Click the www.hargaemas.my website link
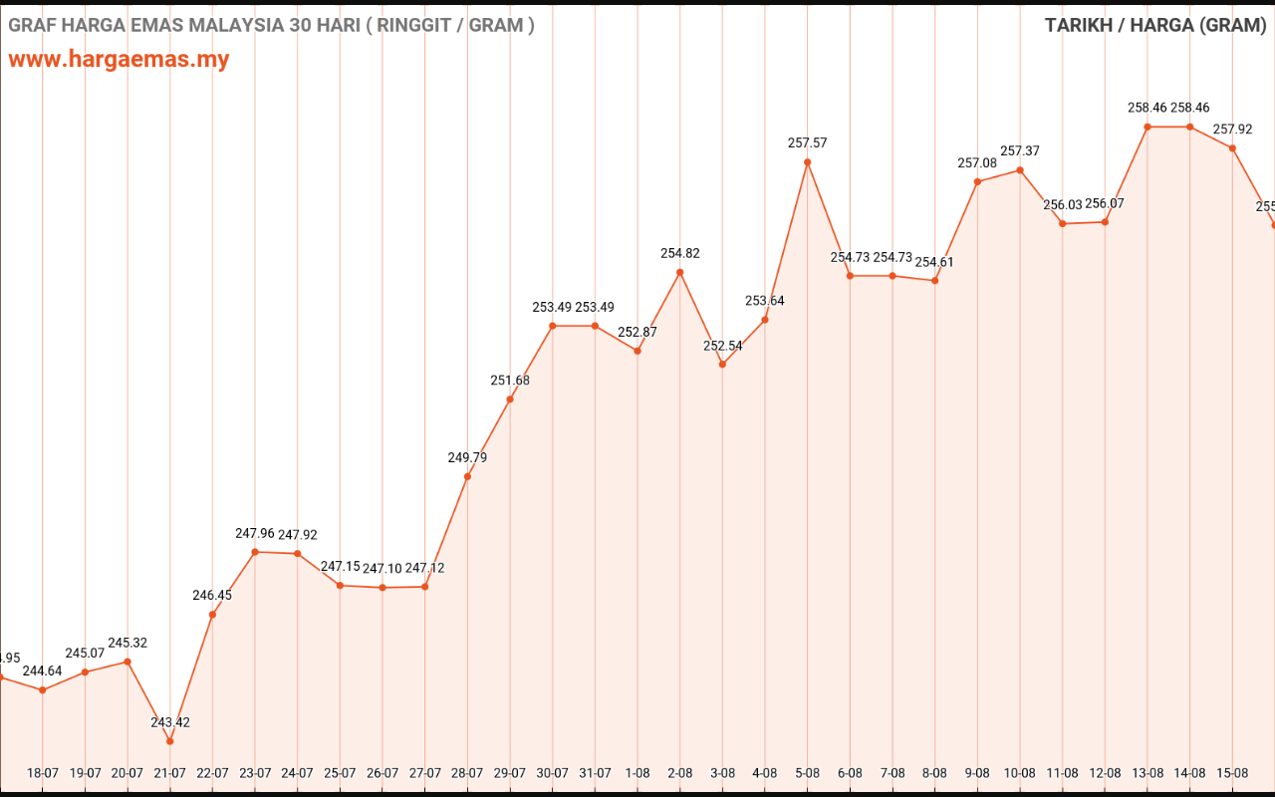pyautogui.click(x=119, y=59)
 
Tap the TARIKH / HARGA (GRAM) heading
pyautogui.click(x=1154, y=25)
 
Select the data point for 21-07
pyautogui.click(x=170, y=741)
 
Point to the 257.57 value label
pyautogui.click(x=807, y=143)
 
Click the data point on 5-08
pyautogui.click(x=807, y=161)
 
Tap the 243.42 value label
pyautogui.click(x=170, y=722)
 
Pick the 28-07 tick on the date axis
pyautogui.click(x=467, y=773)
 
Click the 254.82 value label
pyautogui.click(x=680, y=254)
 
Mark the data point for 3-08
pyautogui.click(x=722, y=365)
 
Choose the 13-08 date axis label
pyautogui.click(x=1147, y=773)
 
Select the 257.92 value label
pyautogui.click(x=1232, y=130)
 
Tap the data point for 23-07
pyautogui.click(x=255, y=552)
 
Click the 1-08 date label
pyautogui.click(x=637, y=773)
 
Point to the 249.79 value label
pyautogui.click(x=467, y=458)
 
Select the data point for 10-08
pyautogui.click(x=1020, y=170)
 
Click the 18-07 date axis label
pyautogui.click(x=43, y=773)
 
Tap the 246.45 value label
pyautogui.click(x=212, y=596)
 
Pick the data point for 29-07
pyautogui.click(x=510, y=399)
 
